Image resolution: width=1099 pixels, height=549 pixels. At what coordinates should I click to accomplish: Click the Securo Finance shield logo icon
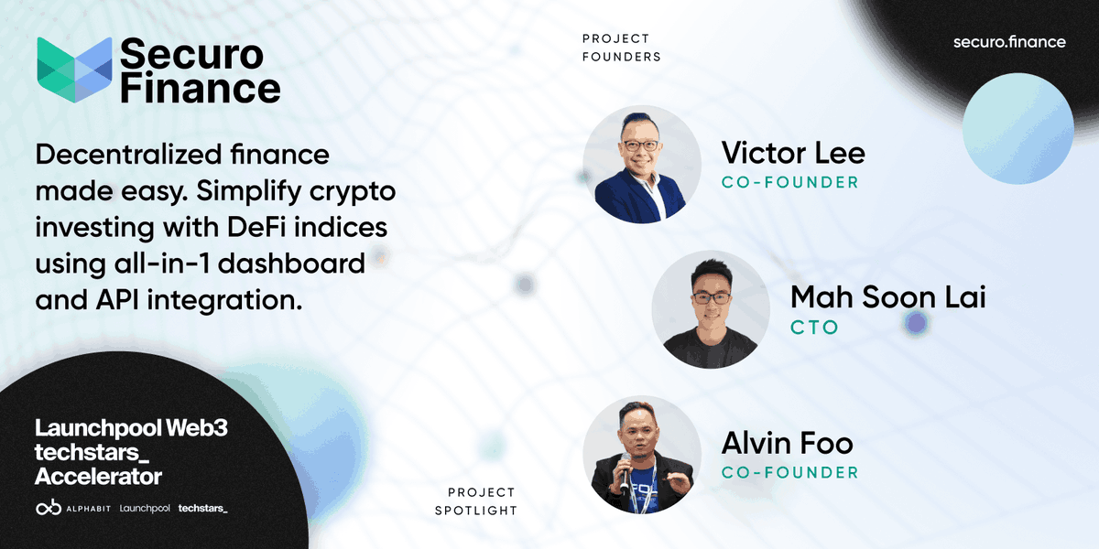tap(74, 70)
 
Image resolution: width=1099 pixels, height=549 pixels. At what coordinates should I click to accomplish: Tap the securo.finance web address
tap(1009, 42)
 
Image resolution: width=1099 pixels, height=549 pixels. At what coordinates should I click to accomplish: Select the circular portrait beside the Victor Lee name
tap(642, 165)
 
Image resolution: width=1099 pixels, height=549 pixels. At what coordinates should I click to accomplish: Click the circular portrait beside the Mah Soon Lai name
tap(711, 310)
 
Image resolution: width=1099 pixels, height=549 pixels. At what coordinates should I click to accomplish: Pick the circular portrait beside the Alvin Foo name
tap(642, 455)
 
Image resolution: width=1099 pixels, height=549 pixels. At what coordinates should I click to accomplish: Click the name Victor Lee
tap(792, 153)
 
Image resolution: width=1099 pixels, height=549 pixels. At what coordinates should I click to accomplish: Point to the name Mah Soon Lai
tap(887, 297)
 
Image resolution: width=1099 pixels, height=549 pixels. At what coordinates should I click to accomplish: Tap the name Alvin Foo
tap(787, 444)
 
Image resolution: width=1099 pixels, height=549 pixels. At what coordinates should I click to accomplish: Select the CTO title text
tap(814, 327)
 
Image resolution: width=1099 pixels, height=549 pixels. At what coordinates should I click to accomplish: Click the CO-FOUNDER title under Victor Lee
tap(789, 182)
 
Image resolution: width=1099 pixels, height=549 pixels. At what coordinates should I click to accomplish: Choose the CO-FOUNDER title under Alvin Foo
tap(789, 473)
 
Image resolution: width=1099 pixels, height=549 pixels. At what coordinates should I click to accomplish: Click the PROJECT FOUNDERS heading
tap(621, 48)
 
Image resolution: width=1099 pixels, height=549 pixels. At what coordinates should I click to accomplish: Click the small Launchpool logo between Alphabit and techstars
tap(145, 508)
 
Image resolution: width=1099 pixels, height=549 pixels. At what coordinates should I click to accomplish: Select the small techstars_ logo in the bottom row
tap(202, 508)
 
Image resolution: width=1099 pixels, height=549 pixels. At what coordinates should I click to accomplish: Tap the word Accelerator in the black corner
tap(98, 476)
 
